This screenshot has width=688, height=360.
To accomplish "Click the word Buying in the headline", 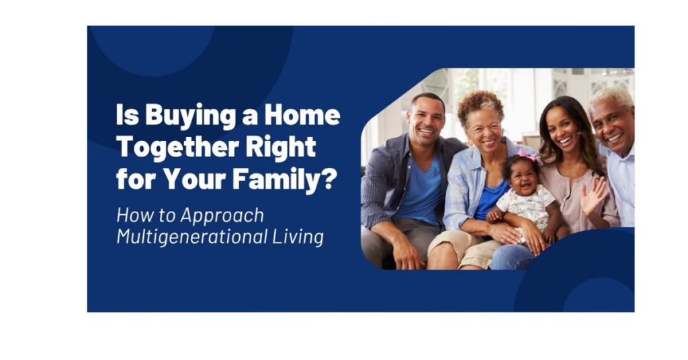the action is (190, 116).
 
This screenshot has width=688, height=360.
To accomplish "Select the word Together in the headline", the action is (177, 148).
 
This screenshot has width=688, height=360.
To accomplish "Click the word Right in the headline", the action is (281, 148).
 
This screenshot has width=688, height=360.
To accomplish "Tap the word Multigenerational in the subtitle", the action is (191, 237).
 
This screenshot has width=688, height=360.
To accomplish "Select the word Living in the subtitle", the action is (298, 237).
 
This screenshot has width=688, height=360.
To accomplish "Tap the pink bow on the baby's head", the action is (527, 154).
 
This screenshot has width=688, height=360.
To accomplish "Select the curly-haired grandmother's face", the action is (484, 130).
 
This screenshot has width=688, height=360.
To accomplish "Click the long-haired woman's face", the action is (561, 130).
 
